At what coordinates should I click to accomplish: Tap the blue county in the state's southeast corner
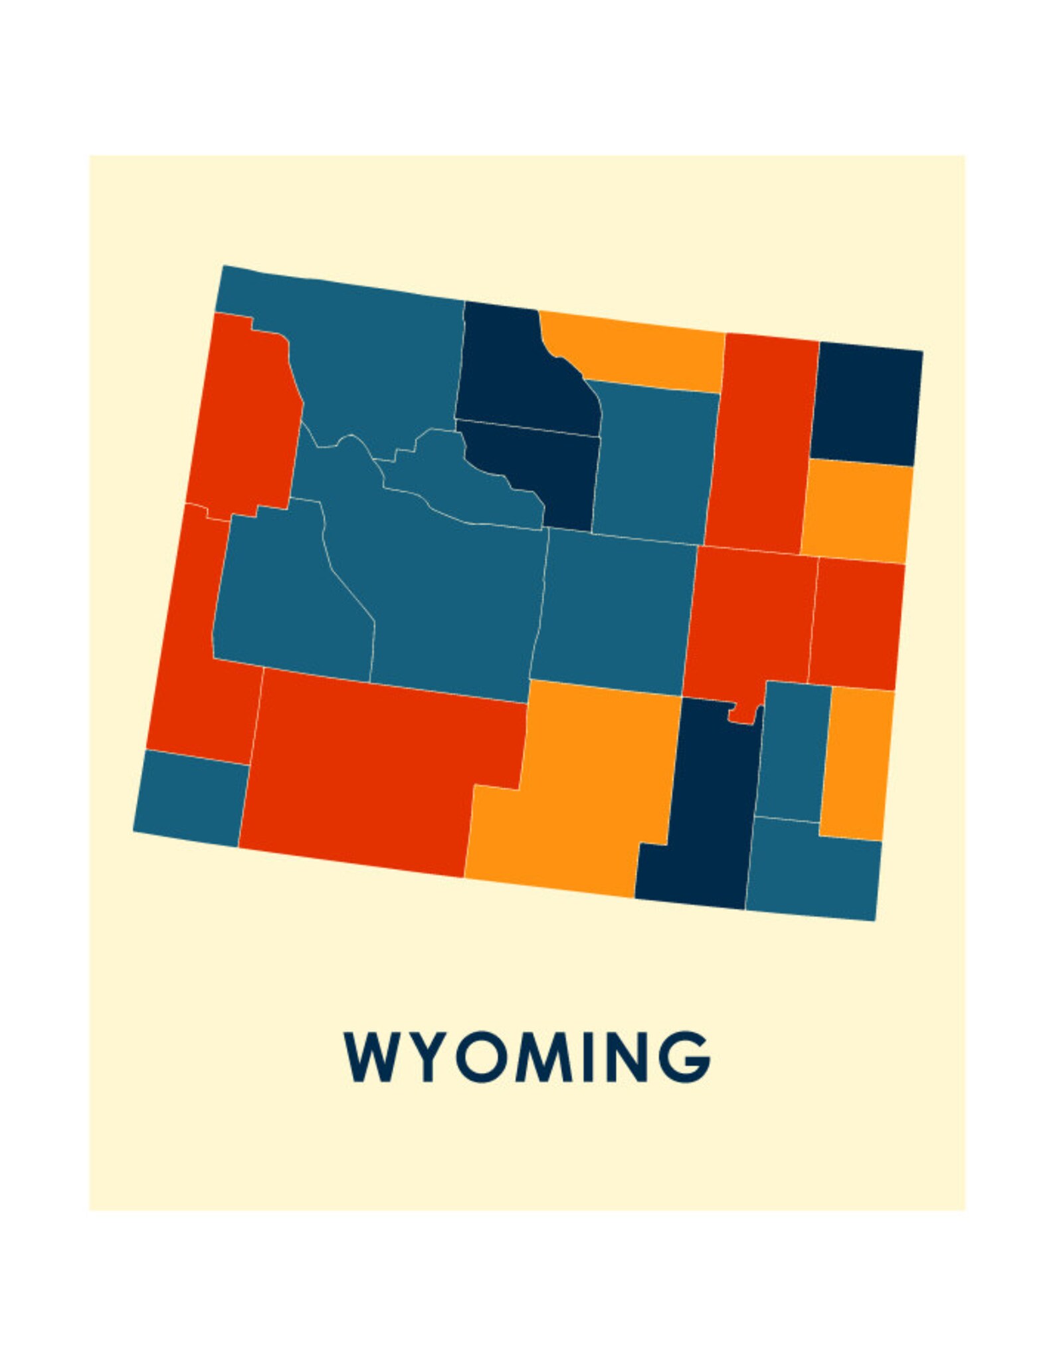pos(814,868)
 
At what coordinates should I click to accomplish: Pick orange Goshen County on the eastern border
pos(857,761)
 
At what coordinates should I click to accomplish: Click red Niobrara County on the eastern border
pos(857,622)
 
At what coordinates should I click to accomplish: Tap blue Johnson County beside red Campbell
pos(654,459)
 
